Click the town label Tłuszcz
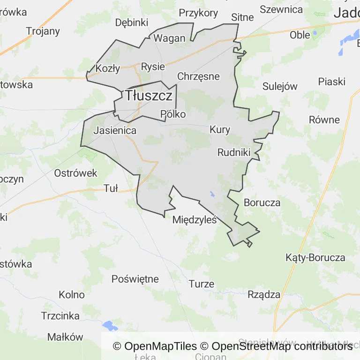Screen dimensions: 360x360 [149, 96]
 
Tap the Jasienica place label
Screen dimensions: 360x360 [115, 130]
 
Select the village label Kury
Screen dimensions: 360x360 [220, 130]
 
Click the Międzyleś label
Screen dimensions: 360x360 [195, 219]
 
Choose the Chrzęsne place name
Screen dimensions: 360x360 [198, 76]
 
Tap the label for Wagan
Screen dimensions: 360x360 [170, 38]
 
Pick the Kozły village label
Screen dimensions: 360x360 [108, 68]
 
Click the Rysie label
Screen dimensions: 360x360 [153, 67]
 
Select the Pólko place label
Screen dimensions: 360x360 [173, 114]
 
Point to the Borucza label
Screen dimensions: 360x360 [262, 203]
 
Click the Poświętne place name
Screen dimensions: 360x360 [135, 279]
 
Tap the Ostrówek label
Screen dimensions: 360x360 [75, 173]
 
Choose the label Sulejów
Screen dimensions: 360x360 [280, 86]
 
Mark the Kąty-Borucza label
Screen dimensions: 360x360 [315, 257]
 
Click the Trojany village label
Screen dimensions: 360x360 [43, 31]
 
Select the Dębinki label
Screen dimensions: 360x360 [132, 22]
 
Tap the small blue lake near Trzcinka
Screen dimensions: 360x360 [110, 325]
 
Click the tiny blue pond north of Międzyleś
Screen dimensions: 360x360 [212, 194]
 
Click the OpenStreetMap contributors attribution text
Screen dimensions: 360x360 [282, 346]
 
